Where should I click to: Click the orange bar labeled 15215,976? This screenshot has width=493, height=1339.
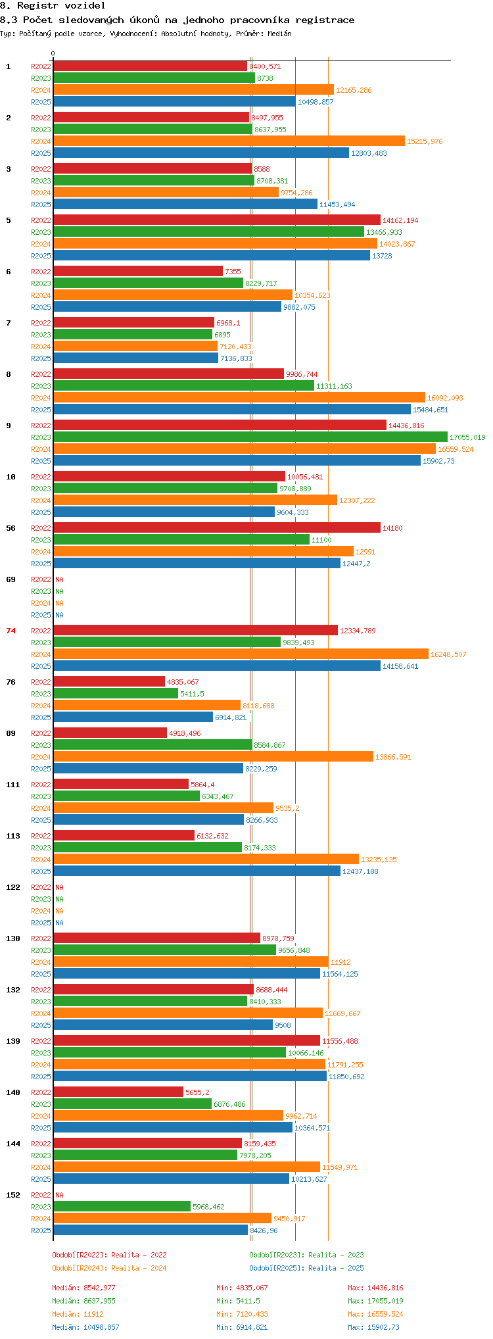click(229, 141)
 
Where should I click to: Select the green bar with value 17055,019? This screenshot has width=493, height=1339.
click(250, 437)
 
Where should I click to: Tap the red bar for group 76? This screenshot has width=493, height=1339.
click(109, 682)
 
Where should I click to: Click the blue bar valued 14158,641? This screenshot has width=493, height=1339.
click(217, 666)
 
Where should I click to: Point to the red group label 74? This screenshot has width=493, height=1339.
click(11, 631)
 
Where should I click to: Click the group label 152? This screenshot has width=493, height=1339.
click(13, 1195)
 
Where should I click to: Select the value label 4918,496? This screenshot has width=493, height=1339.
click(185, 733)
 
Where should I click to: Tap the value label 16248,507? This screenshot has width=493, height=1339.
click(448, 654)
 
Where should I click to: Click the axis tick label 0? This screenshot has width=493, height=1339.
click(53, 53)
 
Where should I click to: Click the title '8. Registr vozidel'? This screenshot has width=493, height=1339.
click(53, 5)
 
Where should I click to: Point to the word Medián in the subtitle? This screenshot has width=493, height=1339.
click(279, 34)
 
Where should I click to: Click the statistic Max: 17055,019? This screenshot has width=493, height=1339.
click(375, 1301)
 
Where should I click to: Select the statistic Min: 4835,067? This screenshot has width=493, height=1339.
click(242, 1288)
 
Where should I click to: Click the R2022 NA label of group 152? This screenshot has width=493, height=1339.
click(59, 1195)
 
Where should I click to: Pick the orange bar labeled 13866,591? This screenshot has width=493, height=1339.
click(213, 757)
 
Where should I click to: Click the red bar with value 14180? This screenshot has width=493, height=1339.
click(217, 528)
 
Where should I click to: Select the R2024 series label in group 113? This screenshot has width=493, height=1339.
click(41, 860)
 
